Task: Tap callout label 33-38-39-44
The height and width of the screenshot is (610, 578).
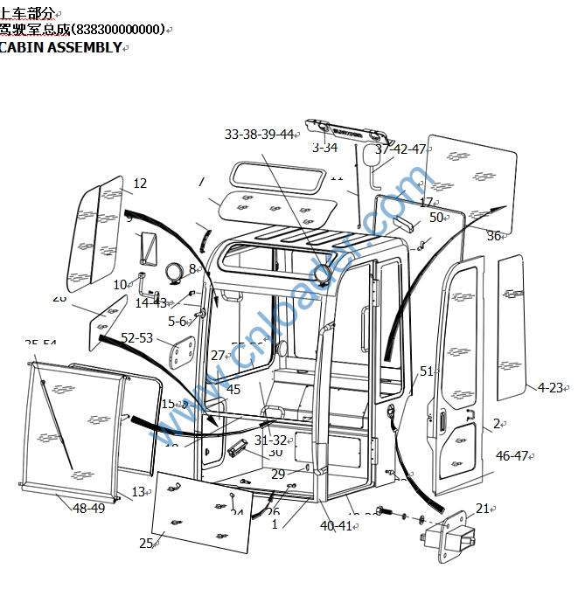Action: point(259,134)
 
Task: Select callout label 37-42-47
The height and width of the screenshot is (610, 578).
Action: point(400,149)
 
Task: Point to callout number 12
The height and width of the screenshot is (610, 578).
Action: point(140,184)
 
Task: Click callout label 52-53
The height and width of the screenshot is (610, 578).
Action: point(136,338)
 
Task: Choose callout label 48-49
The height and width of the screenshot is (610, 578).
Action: point(88,508)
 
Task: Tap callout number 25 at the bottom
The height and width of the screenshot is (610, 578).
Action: point(146,544)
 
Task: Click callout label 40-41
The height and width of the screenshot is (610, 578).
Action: point(336,525)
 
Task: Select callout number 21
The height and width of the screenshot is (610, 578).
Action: point(483,509)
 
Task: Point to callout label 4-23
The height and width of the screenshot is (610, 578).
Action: point(550,387)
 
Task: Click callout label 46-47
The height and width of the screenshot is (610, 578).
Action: point(512,455)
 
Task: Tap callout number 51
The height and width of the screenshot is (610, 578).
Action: point(427,371)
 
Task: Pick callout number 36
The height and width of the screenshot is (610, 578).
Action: point(494,236)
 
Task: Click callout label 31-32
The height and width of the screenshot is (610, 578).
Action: point(270,440)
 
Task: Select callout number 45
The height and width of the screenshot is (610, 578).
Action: point(233,390)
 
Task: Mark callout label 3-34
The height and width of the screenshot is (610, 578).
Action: point(324,148)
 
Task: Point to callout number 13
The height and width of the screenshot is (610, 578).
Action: point(138,492)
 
